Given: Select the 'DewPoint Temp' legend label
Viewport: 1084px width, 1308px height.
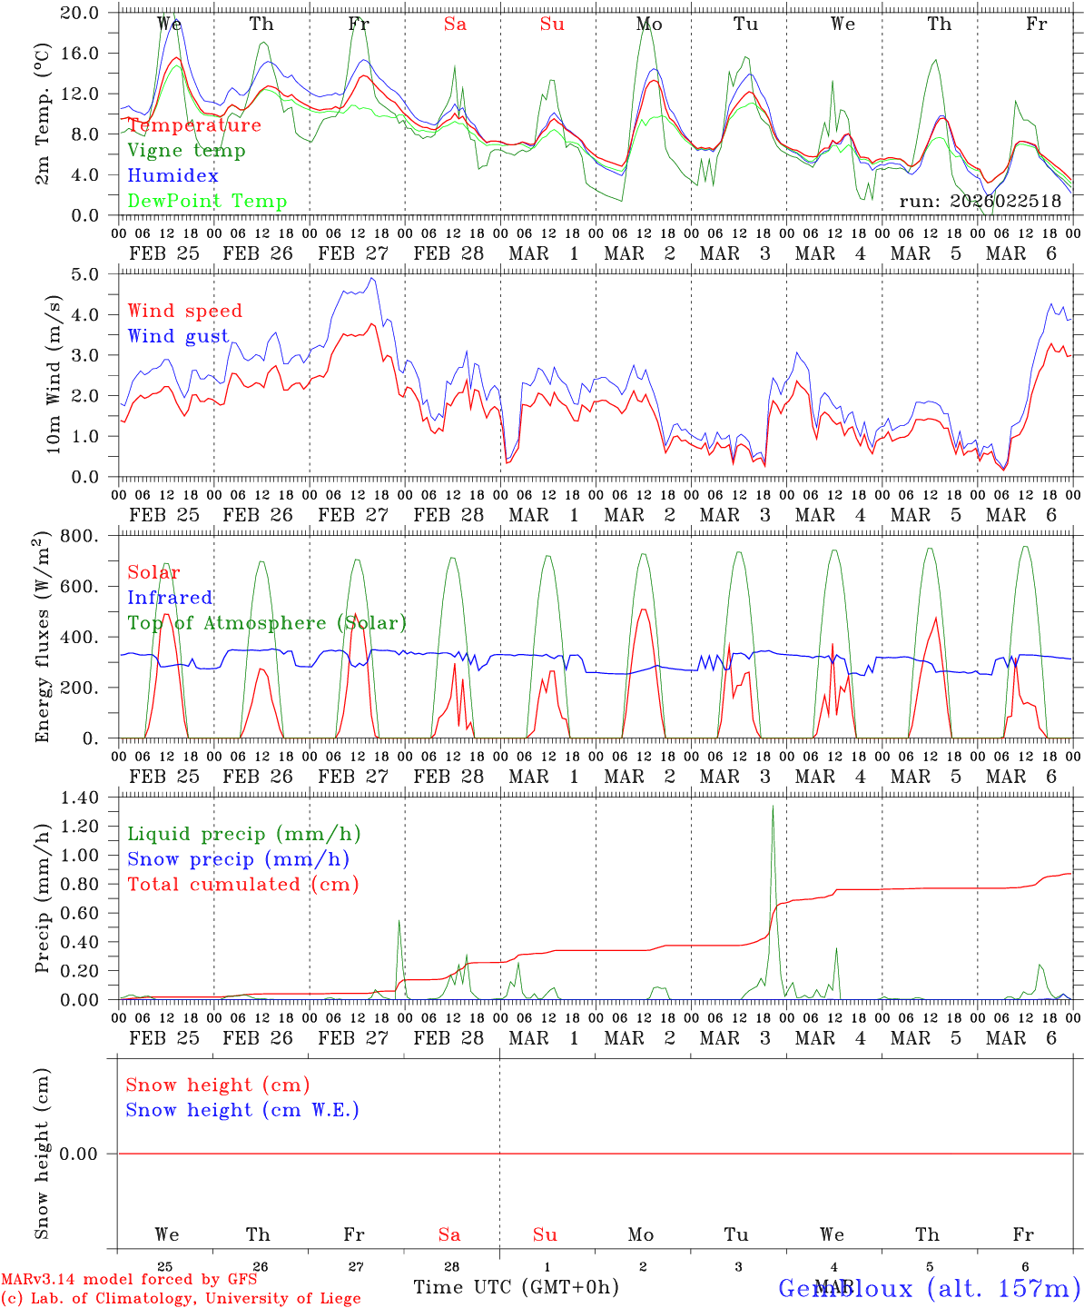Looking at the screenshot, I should click(207, 201).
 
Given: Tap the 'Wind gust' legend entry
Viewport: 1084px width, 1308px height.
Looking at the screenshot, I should click(178, 336).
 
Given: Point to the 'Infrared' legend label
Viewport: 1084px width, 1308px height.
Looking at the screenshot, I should click(170, 598).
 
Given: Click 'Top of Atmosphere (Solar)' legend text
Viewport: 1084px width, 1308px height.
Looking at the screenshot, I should click(267, 623).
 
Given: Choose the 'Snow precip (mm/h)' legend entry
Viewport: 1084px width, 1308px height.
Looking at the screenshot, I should click(238, 859).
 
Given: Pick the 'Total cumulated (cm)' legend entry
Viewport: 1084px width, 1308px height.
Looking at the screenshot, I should click(242, 885).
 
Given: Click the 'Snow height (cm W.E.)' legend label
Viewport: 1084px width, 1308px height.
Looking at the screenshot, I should click(242, 1110).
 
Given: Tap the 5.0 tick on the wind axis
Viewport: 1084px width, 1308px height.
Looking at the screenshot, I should click(90, 274).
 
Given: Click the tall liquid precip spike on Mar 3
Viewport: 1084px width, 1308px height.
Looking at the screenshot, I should click(773, 808).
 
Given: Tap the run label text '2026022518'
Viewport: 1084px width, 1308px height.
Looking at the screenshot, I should click(1005, 201).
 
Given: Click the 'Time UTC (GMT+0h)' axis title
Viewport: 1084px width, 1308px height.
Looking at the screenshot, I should click(516, 1287).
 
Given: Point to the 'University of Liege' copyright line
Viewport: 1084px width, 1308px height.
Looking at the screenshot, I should click(181, 1298).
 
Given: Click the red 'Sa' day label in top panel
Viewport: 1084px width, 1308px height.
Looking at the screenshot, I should click(455, 25).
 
